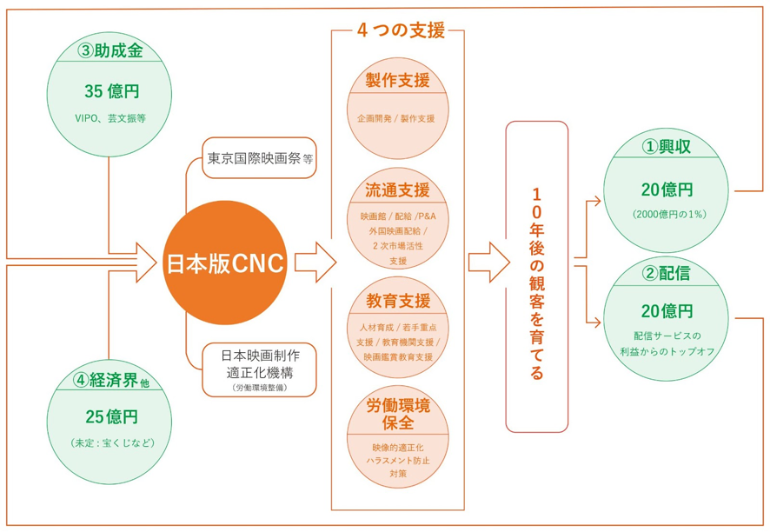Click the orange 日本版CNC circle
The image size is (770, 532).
click(225, 263)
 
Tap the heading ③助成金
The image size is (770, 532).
click(110, 50)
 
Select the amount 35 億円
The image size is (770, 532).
click(112, 91)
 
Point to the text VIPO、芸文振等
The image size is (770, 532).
click(110, 118)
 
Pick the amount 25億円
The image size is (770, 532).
click(112, 416)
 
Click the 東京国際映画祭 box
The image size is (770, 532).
click(259, 157)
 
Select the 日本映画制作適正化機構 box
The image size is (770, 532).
click(259, 369)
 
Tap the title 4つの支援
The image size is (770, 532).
click(401, 30)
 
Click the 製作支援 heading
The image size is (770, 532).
click(398, 80)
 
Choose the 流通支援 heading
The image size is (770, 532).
click(397, 190)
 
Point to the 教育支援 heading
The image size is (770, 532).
click(398, 300)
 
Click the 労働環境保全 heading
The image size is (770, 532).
click(398, 414)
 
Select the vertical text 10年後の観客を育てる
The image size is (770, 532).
click(537, 284)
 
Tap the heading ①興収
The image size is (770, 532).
click(667, 146)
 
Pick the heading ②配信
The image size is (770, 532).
click(666, 273)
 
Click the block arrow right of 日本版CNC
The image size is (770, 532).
click(315, 263)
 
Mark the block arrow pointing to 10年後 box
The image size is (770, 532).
click(489, 263)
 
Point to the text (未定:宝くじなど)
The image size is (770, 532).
click(113, 443)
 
